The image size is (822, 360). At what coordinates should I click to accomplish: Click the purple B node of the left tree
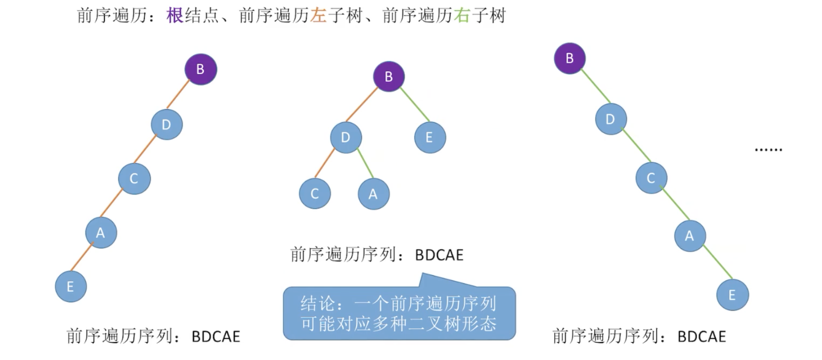pos(201,69)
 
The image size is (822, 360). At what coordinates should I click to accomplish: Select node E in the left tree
pos(71,287)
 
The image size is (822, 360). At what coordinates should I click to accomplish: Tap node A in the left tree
pos(101,233)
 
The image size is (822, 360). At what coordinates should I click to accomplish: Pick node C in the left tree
pos(134,179)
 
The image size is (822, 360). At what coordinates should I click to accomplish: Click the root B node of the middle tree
pos(389,77)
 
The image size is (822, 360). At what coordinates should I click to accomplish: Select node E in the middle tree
pos(430,138)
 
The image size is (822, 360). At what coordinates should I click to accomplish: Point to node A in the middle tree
pos(373,194)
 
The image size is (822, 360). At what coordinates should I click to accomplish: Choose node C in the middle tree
pos(315,193)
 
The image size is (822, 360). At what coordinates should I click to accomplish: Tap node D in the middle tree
pos(346,138)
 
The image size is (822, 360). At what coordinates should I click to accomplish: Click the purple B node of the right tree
pos(570,58)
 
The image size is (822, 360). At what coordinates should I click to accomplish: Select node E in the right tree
pos(732,295)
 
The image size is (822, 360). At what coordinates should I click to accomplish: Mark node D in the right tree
pos(611,119)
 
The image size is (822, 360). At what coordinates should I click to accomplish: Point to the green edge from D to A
pos(365,164)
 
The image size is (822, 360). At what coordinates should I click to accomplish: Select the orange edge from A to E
pos(82,257)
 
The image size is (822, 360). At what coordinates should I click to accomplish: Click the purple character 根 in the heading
pos(175,16)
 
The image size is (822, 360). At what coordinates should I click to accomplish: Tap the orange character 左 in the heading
pos(319,16)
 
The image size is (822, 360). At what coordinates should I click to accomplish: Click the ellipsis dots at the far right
pos(768,150)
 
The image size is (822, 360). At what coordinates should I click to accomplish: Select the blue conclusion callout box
pos(399,313)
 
